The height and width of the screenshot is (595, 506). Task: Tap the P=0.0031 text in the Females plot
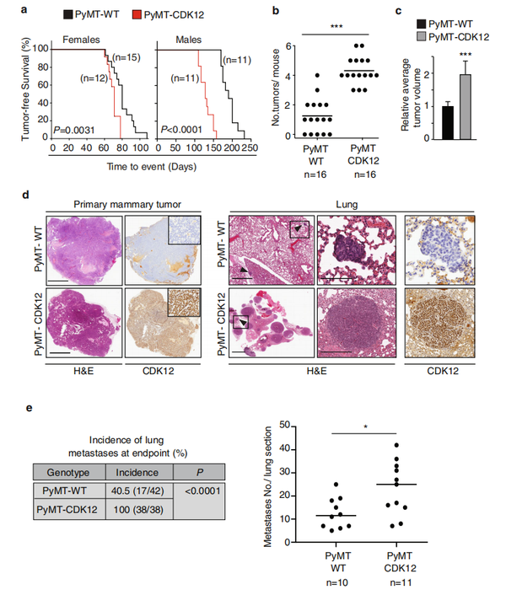tap(71, 128)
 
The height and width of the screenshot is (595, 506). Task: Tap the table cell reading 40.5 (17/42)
tap(141, 488)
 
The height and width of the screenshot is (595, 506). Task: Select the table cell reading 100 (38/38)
tap(141, 511)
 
